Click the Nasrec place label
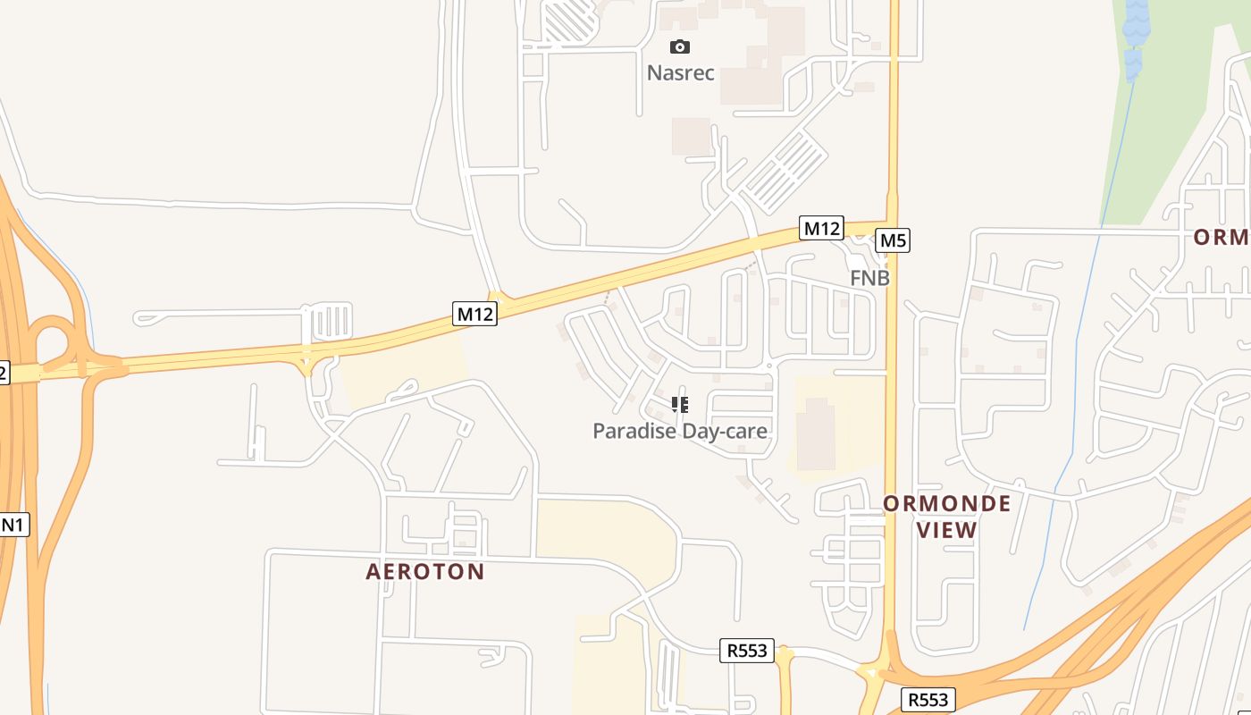(x=680, y=72)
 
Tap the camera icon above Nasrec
(x=680, y=47)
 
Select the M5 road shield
(x=893, y=240)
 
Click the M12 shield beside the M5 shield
(x=821, y=228)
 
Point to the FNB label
(x=869, y=278)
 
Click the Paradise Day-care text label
(x=680, y=431)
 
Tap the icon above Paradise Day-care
(x=680, y=405)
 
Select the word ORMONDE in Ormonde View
(x=947, y=503)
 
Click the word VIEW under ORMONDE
(x=947, y=530)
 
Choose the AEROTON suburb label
(x=425, y=571)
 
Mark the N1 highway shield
(x=13, y=525)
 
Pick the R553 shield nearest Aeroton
(x=746, y=651)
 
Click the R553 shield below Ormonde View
(x=929, y=699)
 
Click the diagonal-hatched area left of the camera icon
(x=569, y=21)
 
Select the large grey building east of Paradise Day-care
(x=815, y=434)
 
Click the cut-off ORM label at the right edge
(x=1222, y=237)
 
